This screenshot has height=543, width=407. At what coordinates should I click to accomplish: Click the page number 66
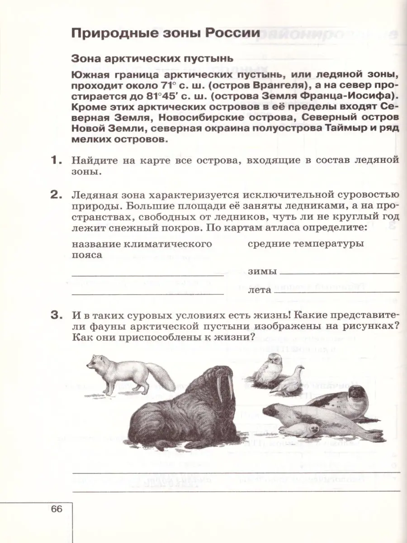(x=57, y=509)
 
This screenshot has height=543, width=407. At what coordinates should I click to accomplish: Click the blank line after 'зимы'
(x=339, y=273)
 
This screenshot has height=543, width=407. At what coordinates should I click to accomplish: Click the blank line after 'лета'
(x=342, y=291)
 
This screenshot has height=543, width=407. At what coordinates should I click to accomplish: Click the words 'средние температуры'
(x=306, y=244)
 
